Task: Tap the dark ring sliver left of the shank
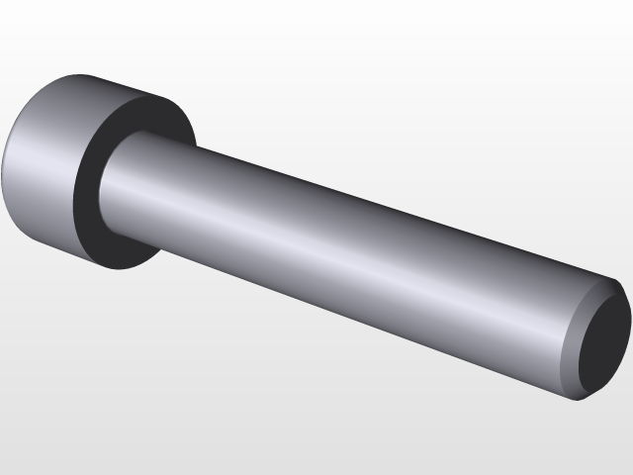coord(87,193)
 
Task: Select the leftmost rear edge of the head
coord(3,163)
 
